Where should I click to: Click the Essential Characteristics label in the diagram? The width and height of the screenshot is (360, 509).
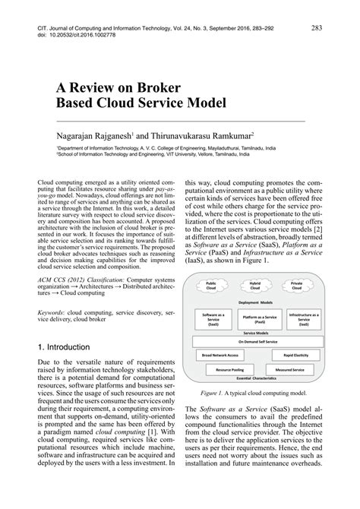coord(257,378)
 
